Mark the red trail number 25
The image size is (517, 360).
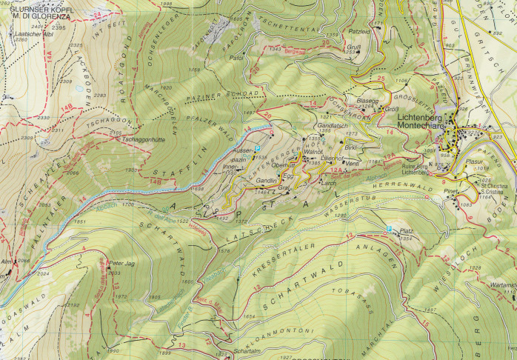pos(381,78)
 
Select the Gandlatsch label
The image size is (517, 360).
pos(331,126)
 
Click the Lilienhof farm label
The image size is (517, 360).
pos(331,158)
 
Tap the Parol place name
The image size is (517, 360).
pos(237,56)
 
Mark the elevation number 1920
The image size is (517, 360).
pos(167,87)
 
